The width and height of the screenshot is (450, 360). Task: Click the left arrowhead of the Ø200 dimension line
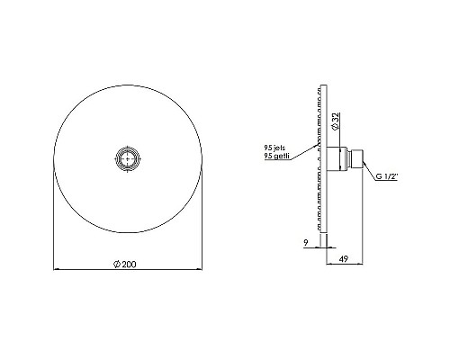(56, 269)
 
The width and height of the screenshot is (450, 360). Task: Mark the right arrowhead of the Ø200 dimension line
(198, 269)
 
